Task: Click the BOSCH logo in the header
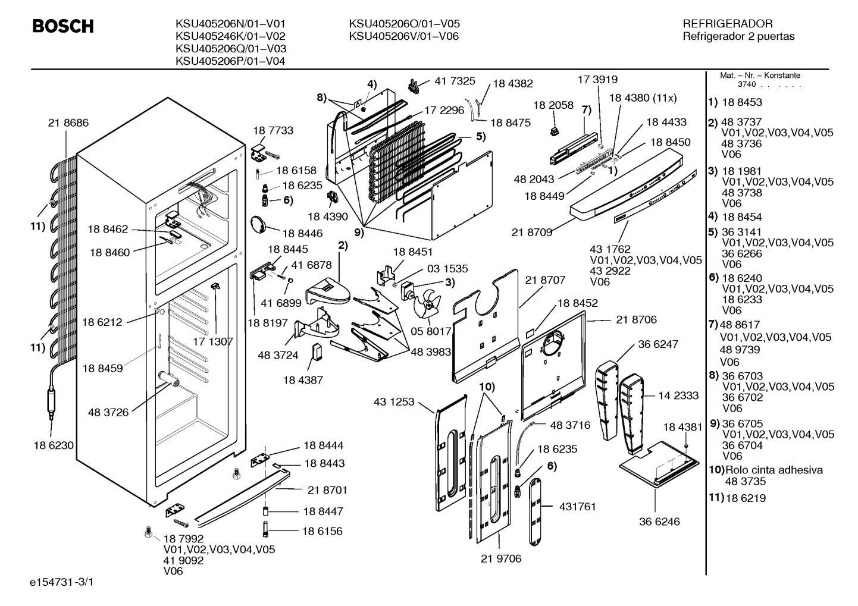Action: [x=63, y=26]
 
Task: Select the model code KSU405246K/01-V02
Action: [x=230, y=36]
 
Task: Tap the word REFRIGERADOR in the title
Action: [x=728, y=24]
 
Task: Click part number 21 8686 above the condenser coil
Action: [x=68, y=123]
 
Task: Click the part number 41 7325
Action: [x=455, y=81]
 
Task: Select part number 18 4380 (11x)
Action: [x=643, y=98]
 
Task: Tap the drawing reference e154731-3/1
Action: [x=62, y=582]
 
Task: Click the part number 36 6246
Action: [x=660, y=522]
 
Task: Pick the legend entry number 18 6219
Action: [x=746, y=498]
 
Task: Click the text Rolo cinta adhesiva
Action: [x=774, y=470]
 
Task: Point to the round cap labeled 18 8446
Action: [x=258, y=225]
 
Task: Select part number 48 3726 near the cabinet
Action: [x=108, y=413]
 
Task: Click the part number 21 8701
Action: [x=327, y=491]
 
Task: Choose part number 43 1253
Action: [x=394, y=402]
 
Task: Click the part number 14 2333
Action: [x=678, y=395]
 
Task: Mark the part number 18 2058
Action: [x=553, y=105]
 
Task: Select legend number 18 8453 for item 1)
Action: [x=742, y=103]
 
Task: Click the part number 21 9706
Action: [x=501, y=559]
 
